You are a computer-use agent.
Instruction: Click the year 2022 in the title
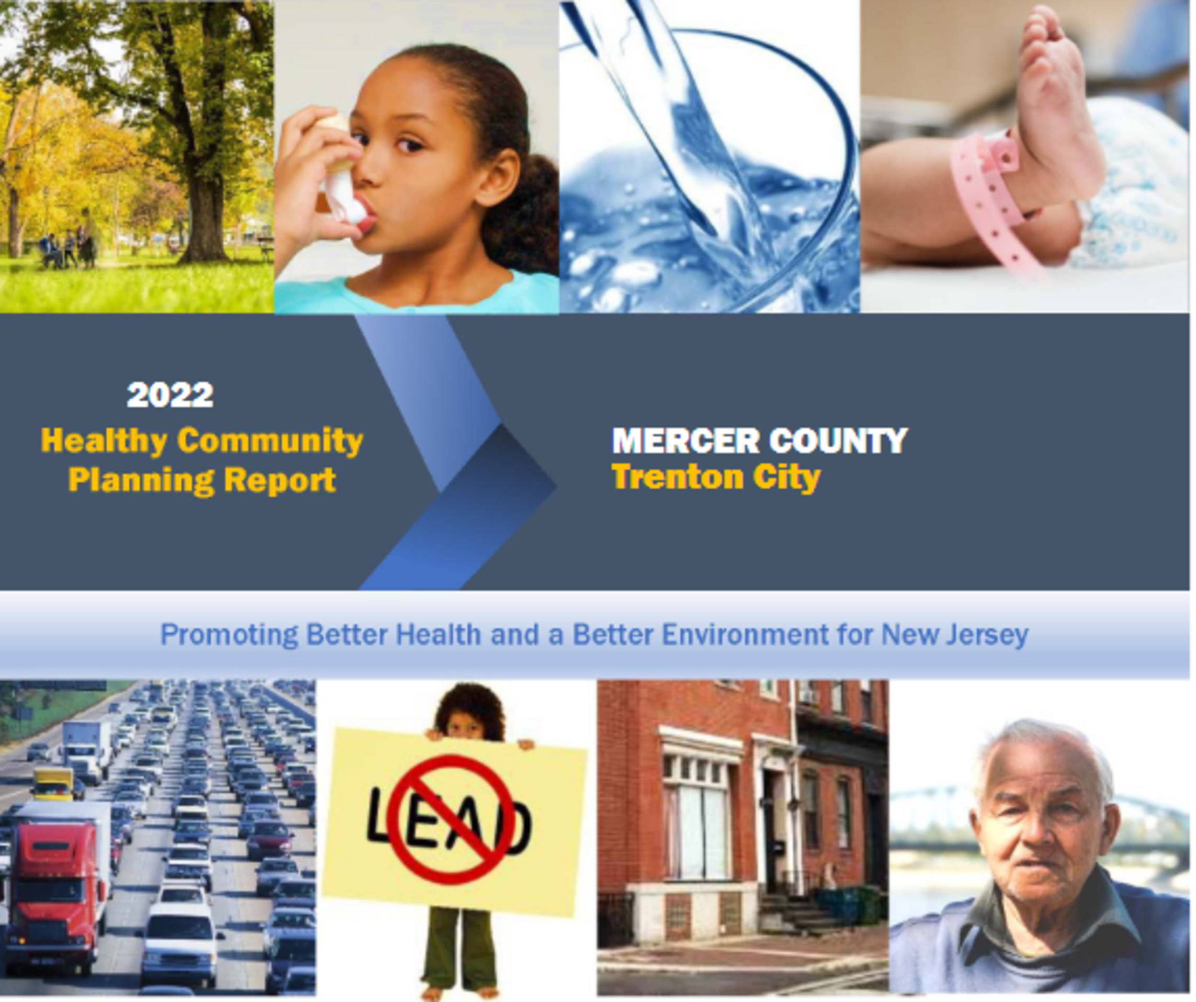pos(170,395)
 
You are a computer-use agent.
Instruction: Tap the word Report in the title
pos(279,480)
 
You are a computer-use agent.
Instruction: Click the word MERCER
pos(686,441)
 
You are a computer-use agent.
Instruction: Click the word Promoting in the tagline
pos(229,635)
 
